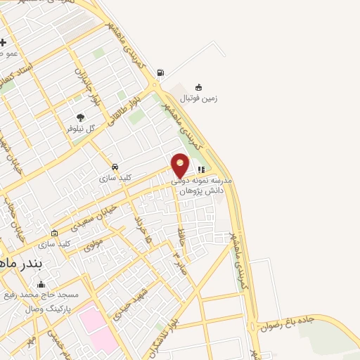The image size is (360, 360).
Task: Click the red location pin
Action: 180,165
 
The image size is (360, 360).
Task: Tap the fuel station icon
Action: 161,72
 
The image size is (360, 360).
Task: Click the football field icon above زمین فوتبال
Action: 199,87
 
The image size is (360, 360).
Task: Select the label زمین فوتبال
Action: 202,98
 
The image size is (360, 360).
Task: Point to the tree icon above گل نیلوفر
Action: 79,118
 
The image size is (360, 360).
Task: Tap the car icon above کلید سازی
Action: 114,167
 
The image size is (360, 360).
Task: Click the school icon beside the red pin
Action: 201,169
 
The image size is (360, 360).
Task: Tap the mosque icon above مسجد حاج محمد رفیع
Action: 41,285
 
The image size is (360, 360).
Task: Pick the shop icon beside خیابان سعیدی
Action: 55,233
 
